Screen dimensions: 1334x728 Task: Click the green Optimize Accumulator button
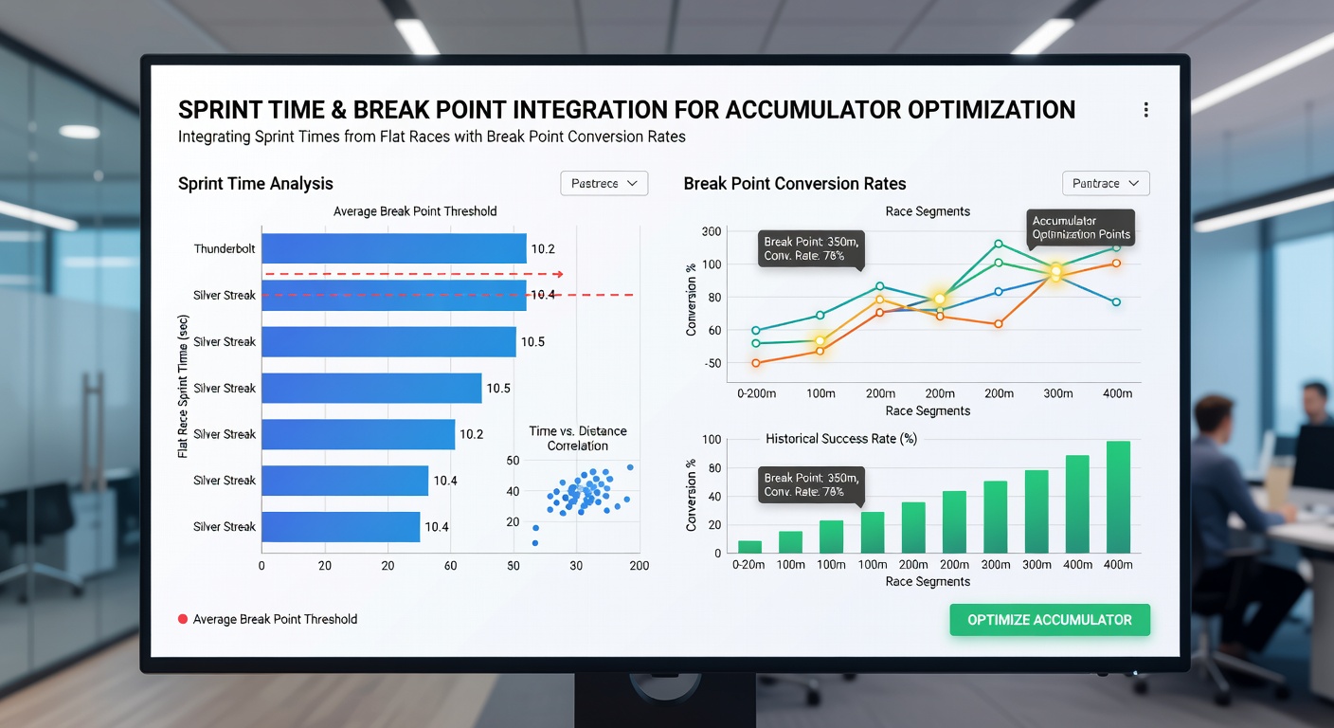[1050, 620]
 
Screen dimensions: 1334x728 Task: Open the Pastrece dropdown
[604, 184]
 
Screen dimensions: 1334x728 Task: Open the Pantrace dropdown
[1106, 184]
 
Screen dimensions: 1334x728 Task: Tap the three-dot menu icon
[1145, 110]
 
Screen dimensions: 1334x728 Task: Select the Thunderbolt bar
[393, 248]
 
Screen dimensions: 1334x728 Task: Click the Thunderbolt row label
[225, 248]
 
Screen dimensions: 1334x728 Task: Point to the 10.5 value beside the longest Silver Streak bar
[532, 341]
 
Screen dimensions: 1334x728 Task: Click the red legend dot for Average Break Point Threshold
[183, 619]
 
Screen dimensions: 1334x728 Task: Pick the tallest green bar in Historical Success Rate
[1118, 497]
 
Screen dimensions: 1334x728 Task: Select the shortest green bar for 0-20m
[749, 547]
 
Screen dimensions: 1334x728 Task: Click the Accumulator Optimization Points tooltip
[1080, 227]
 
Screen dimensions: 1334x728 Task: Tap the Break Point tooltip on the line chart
[811, 248]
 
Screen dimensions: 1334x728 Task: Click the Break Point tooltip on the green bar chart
[811, 485]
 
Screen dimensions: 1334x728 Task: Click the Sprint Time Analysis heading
[256, 184]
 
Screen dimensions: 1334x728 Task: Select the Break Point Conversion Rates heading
[795, 184]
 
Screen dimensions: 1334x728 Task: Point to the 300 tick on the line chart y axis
[712, 231]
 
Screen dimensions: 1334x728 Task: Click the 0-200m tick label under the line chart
[756, 393]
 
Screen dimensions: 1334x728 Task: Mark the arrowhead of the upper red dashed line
[559, 274]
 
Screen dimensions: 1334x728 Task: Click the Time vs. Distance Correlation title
[578, 438]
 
